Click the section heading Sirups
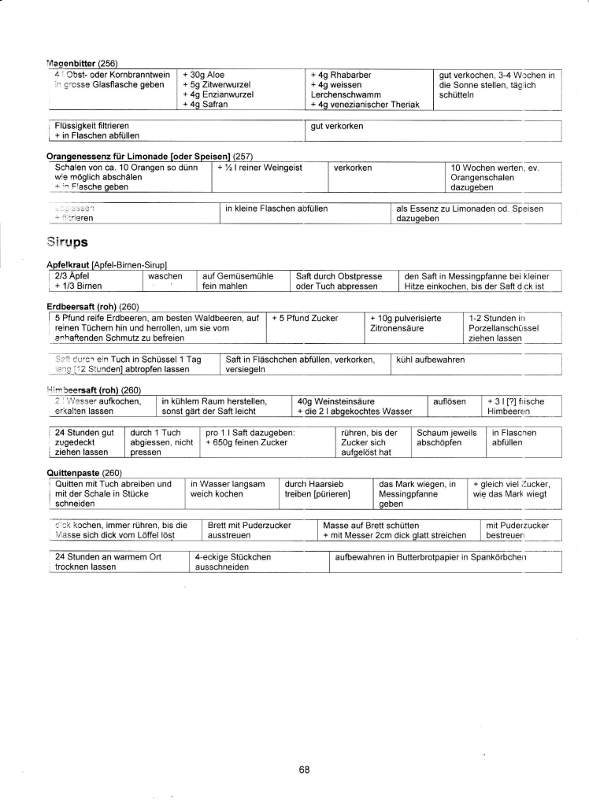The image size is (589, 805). (x=69, y=243)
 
